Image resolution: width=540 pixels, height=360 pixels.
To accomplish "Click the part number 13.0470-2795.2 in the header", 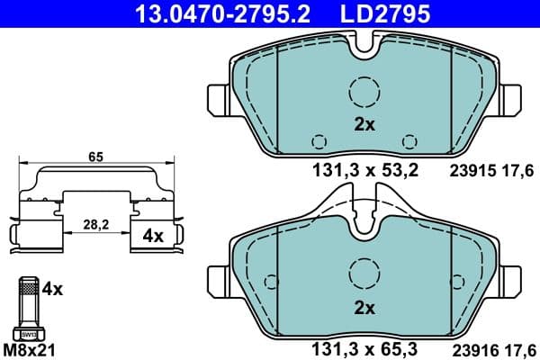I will pos(209,13).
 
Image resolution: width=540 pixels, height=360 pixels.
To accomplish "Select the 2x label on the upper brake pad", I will pos(364,125).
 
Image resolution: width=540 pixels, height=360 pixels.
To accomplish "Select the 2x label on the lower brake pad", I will pos(364,308).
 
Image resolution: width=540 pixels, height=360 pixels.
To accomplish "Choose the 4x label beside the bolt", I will pos(52,289).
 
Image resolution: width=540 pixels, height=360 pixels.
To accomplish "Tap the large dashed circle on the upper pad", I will pos(364,92).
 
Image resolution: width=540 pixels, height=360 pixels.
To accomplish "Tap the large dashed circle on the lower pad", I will pos(364,273).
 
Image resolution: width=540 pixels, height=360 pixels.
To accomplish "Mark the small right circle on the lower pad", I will pos(410,322).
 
